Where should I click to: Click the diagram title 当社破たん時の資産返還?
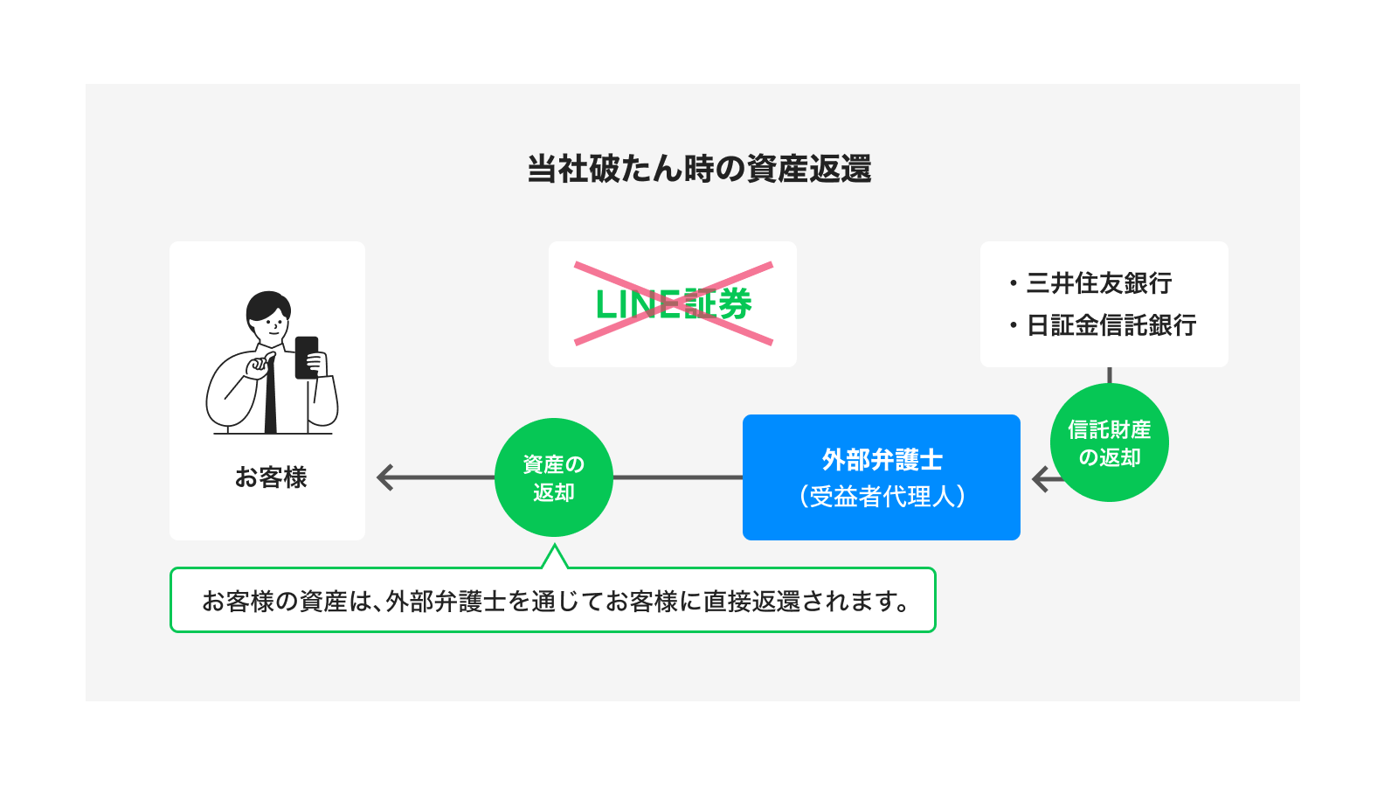coord(699,169)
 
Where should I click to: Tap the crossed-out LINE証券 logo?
coord(673,304)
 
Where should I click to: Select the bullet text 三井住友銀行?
coord(1098,283)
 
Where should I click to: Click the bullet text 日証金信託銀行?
coord(1111,325)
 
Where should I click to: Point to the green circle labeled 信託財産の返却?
coord(1109,442)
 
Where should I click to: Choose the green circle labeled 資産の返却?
coord(553,477)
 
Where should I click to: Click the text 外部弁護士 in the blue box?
coord(882,460)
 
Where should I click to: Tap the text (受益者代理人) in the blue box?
coord(882,497)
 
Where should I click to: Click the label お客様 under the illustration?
coord(271,477)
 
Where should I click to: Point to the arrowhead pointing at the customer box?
coord(385,477)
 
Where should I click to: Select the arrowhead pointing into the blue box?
coord(1041,479)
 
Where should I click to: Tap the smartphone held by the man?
coord(307,357)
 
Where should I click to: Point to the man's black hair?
coord(266,304)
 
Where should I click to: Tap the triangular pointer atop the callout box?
coord(554,557)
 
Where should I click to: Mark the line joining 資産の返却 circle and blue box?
coord(677,477)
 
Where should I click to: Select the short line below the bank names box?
coord(1109,375)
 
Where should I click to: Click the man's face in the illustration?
coord(272,325)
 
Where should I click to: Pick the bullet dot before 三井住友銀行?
coord(1014,283)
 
